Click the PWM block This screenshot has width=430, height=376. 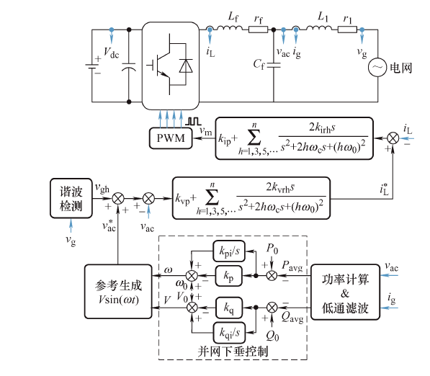(x=171, y=138)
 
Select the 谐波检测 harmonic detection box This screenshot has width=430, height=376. (x=71, y=198)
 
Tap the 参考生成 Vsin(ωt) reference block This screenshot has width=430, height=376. (x=118, y=292)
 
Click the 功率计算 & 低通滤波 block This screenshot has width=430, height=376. (x=345, y=292)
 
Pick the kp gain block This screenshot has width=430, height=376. (x=229, y=276)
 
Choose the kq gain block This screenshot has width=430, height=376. (x=229, y=308)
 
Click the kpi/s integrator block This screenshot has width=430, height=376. (x=229, y=251)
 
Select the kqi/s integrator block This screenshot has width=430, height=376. (x=229, y=333)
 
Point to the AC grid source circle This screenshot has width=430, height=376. (x=377, y=68)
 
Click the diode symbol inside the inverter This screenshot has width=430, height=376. (x=186, y=66)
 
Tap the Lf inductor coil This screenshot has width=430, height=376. (x=230, y=27)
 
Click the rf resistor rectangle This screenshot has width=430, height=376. (x=258, y=30)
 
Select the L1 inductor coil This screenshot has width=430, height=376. (x=318, y=27)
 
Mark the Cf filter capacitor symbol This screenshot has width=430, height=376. (x=274, y=66)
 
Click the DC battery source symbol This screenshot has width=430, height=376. (x=92, y=66)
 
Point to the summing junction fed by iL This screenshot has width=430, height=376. (x=393, y=138)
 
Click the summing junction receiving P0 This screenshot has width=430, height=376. (x=272, y=276)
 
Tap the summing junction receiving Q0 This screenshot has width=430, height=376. (x=272, y=308)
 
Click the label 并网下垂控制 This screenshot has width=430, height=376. (x=233, y=352)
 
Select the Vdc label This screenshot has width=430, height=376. (x=111, y=53)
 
